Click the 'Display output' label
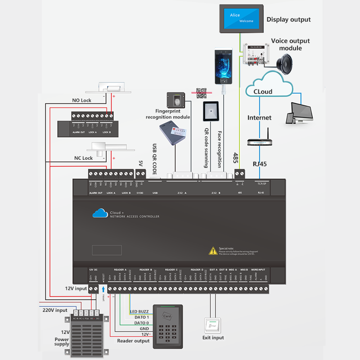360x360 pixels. (288, 19)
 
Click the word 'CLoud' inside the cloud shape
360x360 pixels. (263, 91)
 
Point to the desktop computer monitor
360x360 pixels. (300, 112)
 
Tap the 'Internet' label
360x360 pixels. (260, 118)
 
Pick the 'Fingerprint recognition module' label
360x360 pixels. (167, 114)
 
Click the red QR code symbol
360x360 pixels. (201, 93)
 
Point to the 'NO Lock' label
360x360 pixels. (82, 100)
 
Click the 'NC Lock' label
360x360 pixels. (83, 158)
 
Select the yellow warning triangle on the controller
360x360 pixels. (213, 251)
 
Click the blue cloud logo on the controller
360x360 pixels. (99, 213)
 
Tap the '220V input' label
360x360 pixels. (55, 310)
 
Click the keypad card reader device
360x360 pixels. (168, 326)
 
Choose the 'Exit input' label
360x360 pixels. (213, 337)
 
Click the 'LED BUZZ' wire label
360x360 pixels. (139, 311)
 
